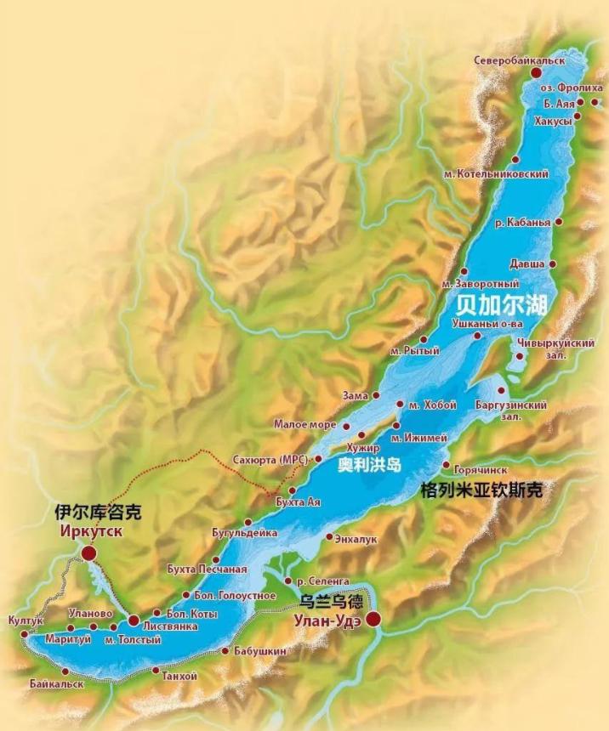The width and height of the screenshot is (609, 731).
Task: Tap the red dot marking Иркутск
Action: [88, 553]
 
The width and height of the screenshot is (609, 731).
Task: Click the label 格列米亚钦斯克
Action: [482, 491]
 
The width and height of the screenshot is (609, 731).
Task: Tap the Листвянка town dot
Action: [134, 621]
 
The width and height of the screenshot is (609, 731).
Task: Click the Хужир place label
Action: [361, 447]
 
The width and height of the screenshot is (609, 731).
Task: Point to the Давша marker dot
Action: [554, 264]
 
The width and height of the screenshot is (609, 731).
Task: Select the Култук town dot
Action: [24, 633]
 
